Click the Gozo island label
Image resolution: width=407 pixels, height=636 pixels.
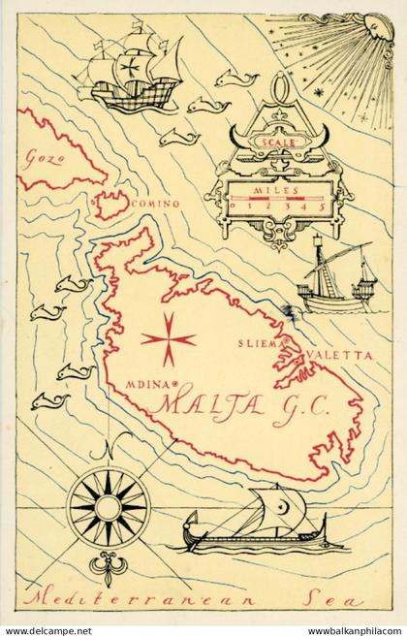tap(42, 156)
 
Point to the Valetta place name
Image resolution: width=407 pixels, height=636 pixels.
tap(339, 356)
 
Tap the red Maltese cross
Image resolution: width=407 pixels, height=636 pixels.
tap(168, 338)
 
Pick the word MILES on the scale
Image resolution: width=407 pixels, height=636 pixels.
tap(275, 191)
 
